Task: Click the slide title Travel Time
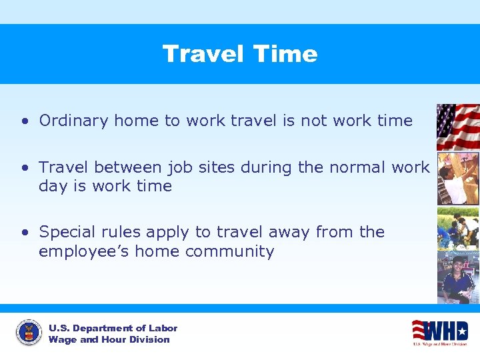pyautogui.click(x=240, y=54)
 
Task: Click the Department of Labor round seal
pyautogui.click(x=29, y=333)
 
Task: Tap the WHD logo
pyautogui.click(x=439, y=331)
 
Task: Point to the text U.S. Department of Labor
pyautogui.click(x=113, y=328)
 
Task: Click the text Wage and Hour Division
pyautogui.click(x=109, y=339)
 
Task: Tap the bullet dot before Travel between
pyautogui.click(x=24, y=168)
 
